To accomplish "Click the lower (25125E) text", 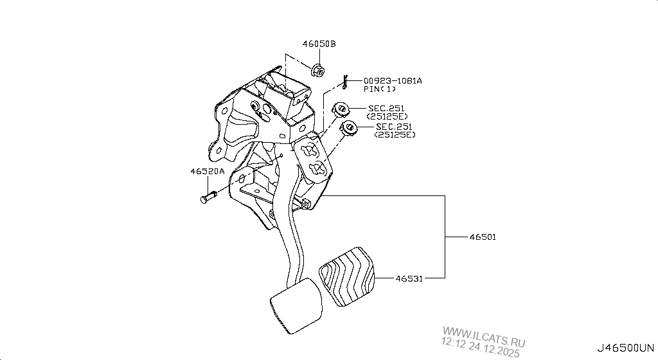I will tap(395, 135).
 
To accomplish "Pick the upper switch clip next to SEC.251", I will tap(340, 109).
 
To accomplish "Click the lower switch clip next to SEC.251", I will tap(348, 128).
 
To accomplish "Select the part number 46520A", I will tap(208, 172).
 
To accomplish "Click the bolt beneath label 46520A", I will tap(208, 196).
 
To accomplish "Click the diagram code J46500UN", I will tap(626, 348).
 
